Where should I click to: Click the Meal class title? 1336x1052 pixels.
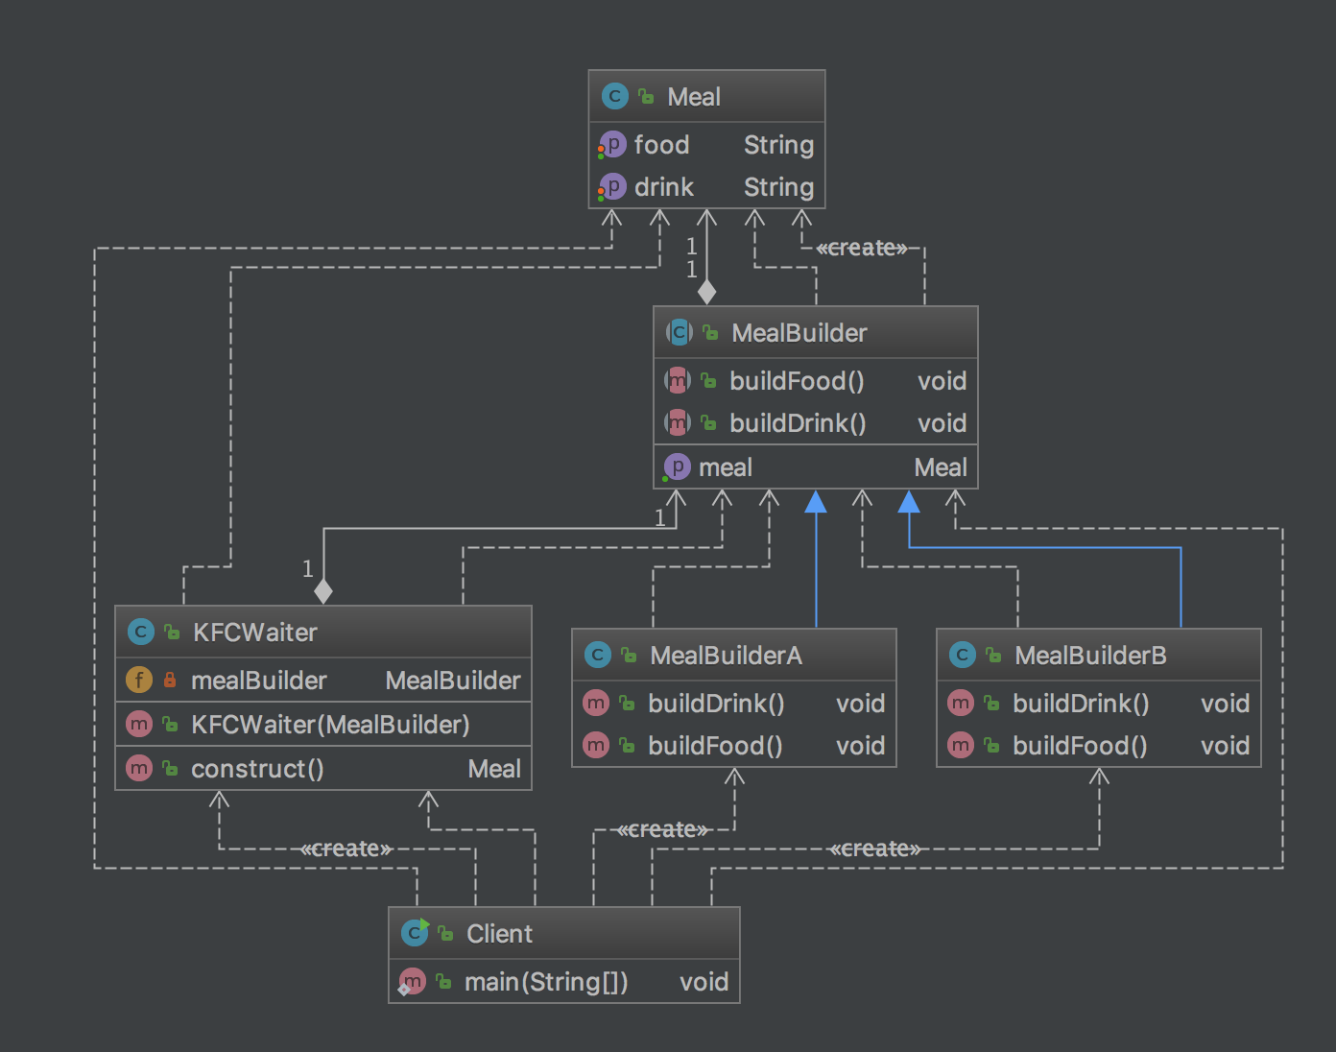pyautogui.click(x=693, y=97)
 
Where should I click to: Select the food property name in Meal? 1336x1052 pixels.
pyautogui.click(x=661, y=145)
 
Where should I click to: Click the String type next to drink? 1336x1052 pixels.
pyautogui.click(x=778, y=187)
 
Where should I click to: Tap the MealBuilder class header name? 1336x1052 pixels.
pyautogui.click(x=799, y=333)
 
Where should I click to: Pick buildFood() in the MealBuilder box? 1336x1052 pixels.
pyautogui.click(x=797, y=381)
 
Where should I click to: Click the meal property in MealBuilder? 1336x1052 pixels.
pyautogui.click(x=725, y=467)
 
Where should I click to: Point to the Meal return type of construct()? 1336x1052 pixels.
pyautogui.click(x=493, y=769)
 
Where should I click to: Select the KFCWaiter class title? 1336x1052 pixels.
pyautogui.click(x=254, y=633)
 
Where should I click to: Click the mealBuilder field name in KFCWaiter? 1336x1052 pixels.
pyautogui.click(x=258, y=681)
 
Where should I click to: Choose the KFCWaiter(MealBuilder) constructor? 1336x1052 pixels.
pyautogui.click(x=330, y=725)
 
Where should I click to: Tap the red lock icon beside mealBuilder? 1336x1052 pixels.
pyautogui.click(x=170, y=681)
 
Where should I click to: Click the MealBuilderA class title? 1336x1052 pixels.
pyautogui.click(x=726, y=656)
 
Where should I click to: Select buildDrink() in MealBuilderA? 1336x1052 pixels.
pyautogui.click(x=716, y=704)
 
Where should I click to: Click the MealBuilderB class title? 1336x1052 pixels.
pyautogui.click(x=1090, y=656)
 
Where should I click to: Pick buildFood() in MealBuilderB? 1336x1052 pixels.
pyautogui.click(x=1080, y=746)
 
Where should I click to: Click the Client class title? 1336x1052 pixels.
pyautogui.click(x=499, y=934)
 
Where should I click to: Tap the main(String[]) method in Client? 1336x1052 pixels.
pyautogui.click(x=546, y=982)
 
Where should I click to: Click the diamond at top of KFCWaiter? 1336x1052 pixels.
pyautogui.click(x=323, y=591)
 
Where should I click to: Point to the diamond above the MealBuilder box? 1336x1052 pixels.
pyautogui.click(x=706, y=292)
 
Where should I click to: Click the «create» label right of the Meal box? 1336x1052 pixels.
pyautogui.click(x=861, y=249)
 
